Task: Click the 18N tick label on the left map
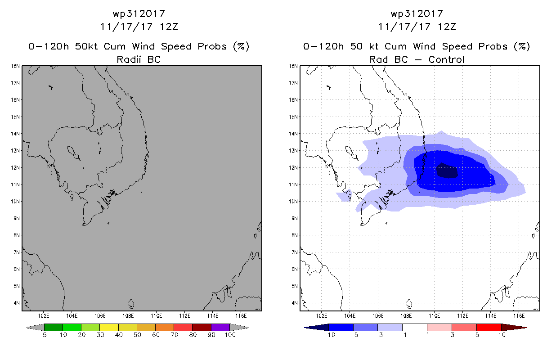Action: [x=15, y=66]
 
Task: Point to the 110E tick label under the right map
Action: [x=434, y=316]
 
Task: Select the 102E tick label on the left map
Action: [x=44, y=316]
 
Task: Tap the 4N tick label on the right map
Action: [x=294, y=303]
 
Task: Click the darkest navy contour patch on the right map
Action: [x=447, y=171]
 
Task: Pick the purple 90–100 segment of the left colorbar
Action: [x=220, y=327]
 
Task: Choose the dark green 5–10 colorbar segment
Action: [x=54, y=327]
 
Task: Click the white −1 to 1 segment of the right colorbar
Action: [x=414, y=327]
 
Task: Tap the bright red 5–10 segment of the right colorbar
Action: [x=489, y=327]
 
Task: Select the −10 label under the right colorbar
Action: [x=329, y=335]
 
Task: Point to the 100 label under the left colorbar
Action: [x=230, y=335]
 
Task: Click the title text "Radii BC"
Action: [x=139, y=59]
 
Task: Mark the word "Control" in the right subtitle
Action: [x=446, y=59]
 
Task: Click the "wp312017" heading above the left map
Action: [x=139, y=14]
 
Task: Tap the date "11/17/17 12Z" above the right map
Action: [x=417, y=27]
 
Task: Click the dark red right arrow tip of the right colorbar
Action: [x=526, y=328]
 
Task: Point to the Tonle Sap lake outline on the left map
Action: [x=73, y=153]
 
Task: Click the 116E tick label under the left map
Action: [x=241, y=316]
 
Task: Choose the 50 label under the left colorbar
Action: [x=137, y=335]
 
